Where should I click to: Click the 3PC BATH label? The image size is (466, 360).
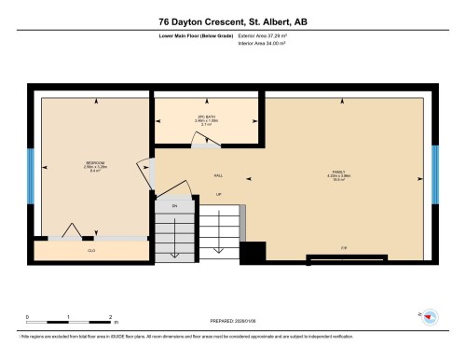point(205,118)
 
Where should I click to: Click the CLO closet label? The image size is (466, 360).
point(91,251)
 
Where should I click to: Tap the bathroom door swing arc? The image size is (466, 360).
point(204,140)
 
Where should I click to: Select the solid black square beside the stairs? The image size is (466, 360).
point(253,253)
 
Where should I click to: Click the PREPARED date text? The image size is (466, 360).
point(232,317)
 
